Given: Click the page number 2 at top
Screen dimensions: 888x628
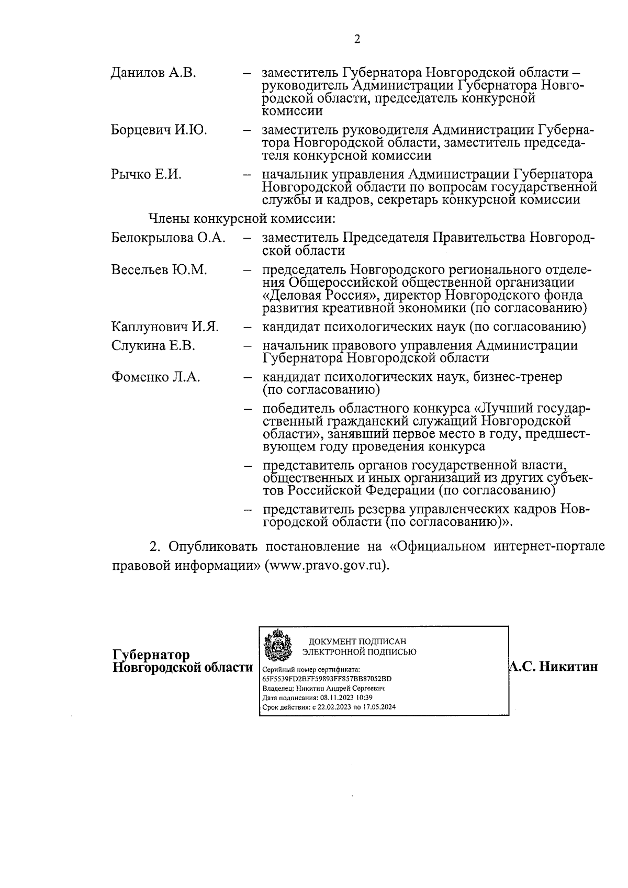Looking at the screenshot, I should click(357, 40).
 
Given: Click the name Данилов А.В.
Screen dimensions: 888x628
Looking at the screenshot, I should click(153, 73).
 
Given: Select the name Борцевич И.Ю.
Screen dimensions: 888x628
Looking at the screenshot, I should click(159, 130).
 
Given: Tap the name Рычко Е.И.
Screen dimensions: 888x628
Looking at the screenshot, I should click(146, 174).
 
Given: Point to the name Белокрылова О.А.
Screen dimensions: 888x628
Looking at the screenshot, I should click(168, 238).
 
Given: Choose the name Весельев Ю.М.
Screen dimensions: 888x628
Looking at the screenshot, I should click(159, 270).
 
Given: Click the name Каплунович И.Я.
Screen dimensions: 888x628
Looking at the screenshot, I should click(165, 327).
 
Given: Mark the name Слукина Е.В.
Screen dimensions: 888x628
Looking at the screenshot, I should click(153, 346).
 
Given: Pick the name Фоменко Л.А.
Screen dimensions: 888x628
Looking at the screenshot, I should click(155, 377).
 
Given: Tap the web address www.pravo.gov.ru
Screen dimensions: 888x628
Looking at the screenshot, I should click(327, 566).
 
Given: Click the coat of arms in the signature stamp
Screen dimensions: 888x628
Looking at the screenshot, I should click(277, 646).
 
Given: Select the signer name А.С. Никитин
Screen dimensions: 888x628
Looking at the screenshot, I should click(553, 667).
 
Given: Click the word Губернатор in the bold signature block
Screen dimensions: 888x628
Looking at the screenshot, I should click(151, 656).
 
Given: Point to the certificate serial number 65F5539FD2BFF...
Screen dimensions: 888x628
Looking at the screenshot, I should click(327, 679).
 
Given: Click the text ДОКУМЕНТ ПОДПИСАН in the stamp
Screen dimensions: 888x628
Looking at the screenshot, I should click(357, 642).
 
